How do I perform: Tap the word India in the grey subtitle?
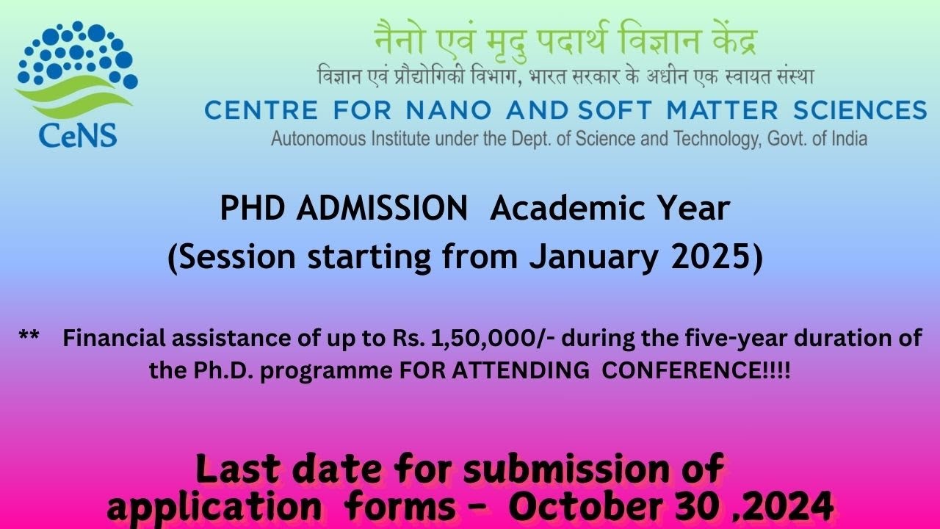point(849,137)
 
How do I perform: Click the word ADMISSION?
point(382,209)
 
